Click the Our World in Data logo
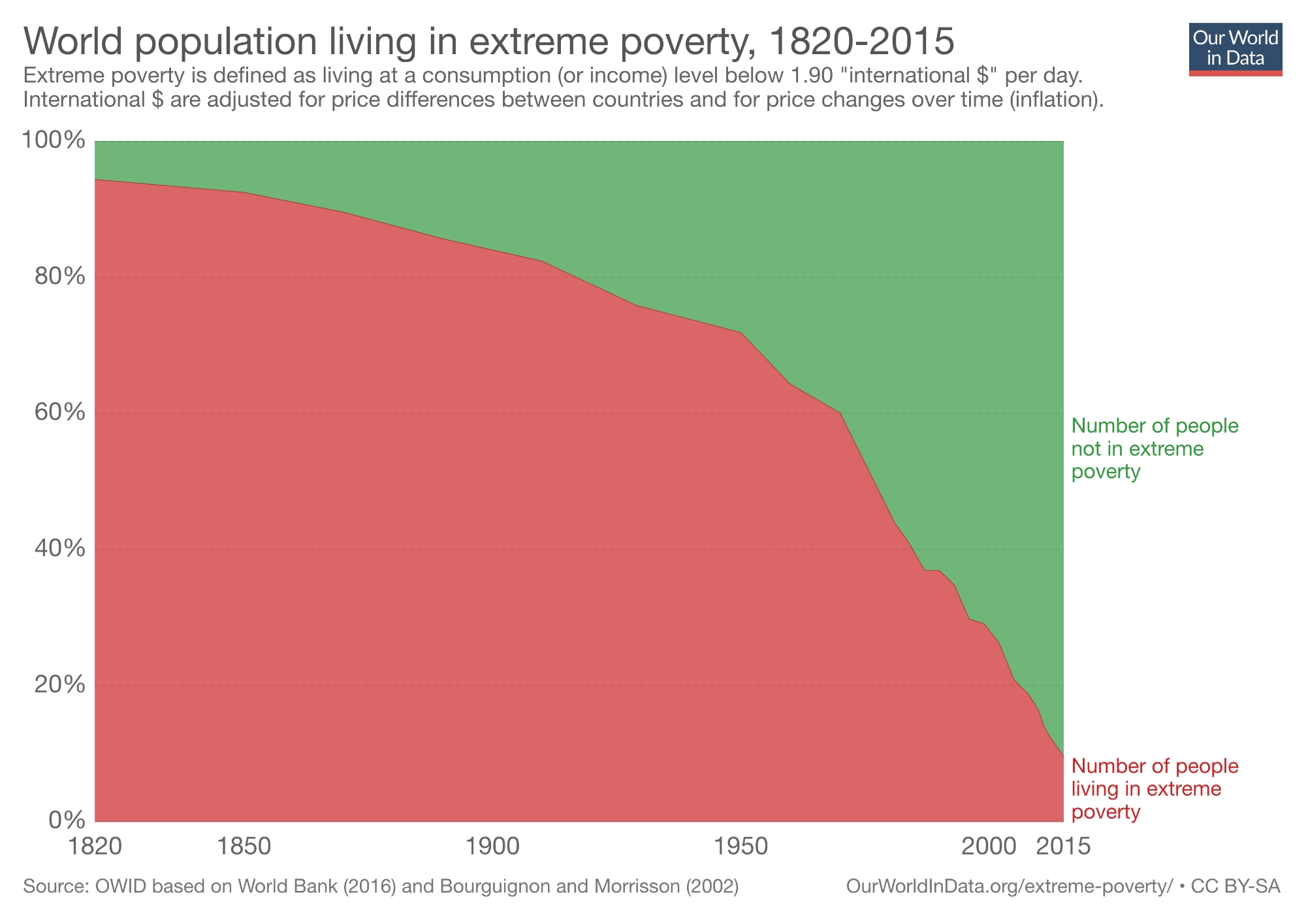[x=1235, y=49]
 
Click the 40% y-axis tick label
[x=59, y=549]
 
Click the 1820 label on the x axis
[x=96, y=846]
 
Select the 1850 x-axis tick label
[x=245, y=846]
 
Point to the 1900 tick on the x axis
[x=493, y=846]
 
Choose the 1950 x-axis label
[x=741, y=846]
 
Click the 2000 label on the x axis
[x=989, y=846]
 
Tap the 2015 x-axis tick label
[x=1064, y=846]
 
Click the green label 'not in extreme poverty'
[x=1155, y=449]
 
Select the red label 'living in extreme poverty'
[x=1155, y=788]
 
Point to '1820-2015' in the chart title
[x=861, y=42]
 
